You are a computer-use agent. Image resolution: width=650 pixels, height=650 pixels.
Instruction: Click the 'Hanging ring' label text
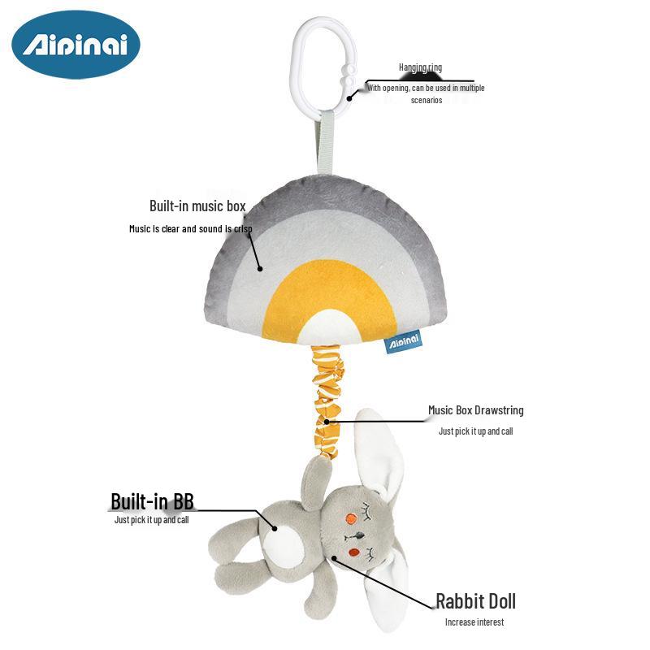[x=420, y=67]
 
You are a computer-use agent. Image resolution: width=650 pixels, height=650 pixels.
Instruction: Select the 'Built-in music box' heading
[x=197, y=206]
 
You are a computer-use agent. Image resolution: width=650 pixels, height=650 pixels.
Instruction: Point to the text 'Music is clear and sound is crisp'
[x=190, y=229]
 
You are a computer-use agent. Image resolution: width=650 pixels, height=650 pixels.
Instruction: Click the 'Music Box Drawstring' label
[x=475, y=410]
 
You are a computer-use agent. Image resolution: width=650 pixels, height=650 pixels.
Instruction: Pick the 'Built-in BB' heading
[x=152, y=500]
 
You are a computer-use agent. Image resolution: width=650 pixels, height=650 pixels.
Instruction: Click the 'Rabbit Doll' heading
[x=475, y=601]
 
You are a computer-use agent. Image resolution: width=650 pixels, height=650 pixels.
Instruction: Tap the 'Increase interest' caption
[x=474, y=622]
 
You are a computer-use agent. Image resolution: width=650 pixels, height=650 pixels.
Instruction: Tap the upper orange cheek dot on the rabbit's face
[x=351, y=518]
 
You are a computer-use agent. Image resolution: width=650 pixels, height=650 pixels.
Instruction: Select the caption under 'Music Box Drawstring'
[x=475, y=431]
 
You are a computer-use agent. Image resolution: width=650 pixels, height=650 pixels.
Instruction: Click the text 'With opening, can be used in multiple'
[x=426, y=87]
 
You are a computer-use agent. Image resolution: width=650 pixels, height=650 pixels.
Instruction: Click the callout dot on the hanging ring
[x=350, y=97]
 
